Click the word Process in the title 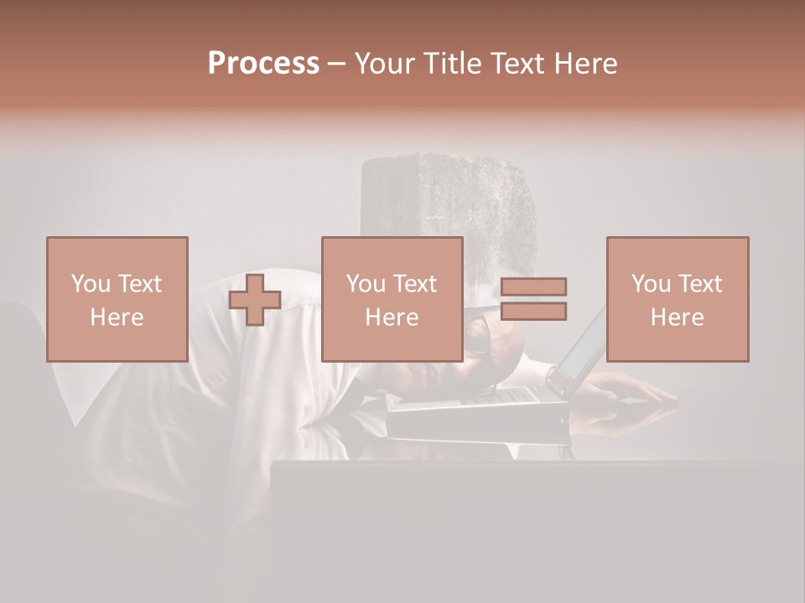click(263, 64)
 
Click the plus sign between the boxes click(255, 300)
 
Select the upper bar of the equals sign click(533, 286)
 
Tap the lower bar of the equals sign click(533, 312)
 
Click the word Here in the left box click(117, 317)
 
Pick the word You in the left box click(90, 284)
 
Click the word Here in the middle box click(392, 317)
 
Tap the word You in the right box click(651, 284)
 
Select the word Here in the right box click(677, 317)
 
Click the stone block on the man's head click(449, 197)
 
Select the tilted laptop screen click(579, 352)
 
